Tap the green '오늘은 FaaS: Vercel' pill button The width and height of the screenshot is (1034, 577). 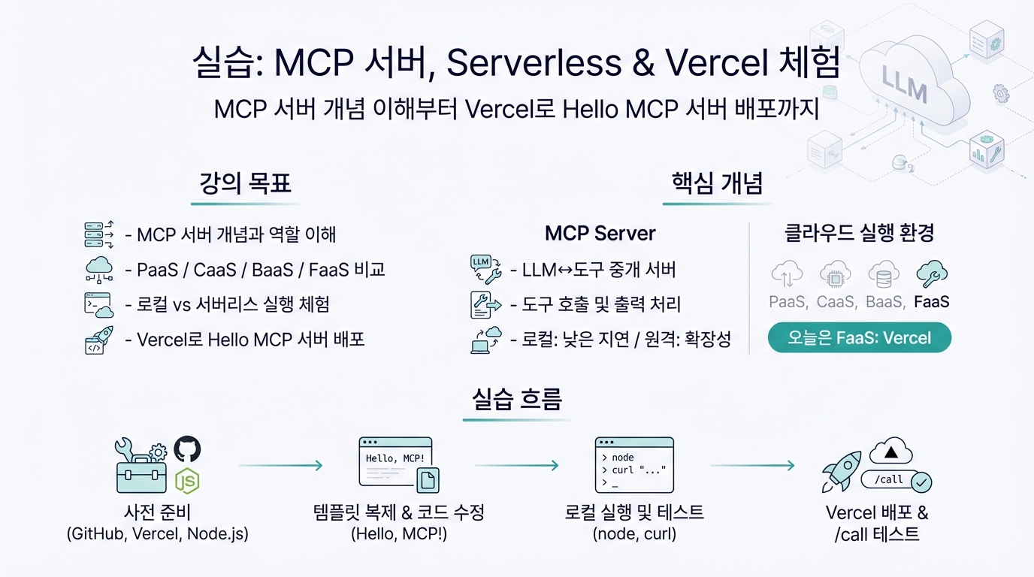[x=859, y=338]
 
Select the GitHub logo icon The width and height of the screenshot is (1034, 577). [x=188, y=449]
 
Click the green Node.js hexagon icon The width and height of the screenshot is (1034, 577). [x=186, y=480]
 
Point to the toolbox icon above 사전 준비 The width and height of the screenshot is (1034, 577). [x=141, y=467]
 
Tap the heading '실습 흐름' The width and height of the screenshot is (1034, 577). [x=517, y=399]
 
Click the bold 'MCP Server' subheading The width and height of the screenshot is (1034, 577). [x=600, y=233]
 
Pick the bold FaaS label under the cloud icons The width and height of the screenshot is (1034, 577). [x=932, y=302]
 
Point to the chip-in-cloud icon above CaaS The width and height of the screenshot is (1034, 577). [x=835, y=275]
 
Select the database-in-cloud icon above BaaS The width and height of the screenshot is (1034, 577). [x=883, y=275]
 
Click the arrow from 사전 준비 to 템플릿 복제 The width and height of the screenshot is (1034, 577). [x=280, y=466]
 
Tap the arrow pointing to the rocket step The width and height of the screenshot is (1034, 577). [x=752, y=466]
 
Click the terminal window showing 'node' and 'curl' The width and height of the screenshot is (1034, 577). [x=633, y=464]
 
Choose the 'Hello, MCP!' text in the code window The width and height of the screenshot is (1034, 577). [x=395, y=458]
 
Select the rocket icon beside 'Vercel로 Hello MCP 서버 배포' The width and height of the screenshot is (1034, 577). [x=98, y=340]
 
